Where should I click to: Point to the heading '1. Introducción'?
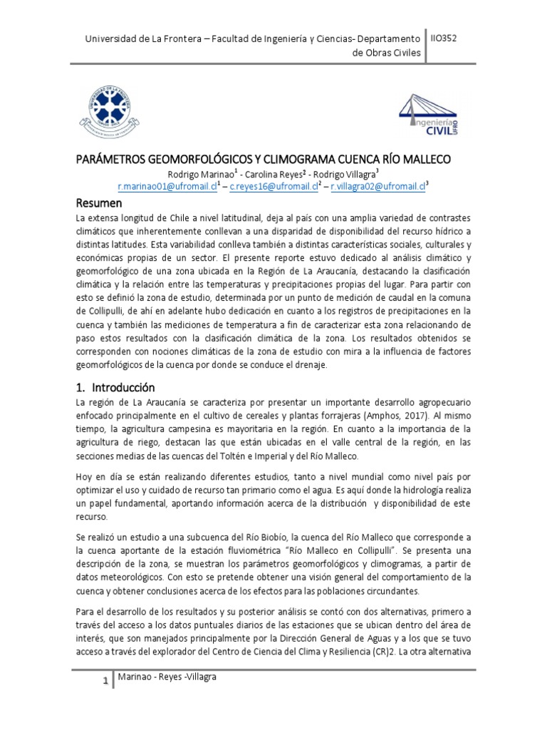115,388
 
